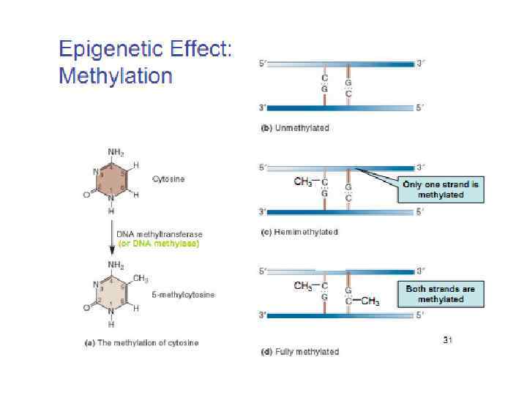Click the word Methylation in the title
point(115,75)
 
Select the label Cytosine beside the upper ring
point(168,179)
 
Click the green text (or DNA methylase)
point(158,243)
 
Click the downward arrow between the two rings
point(112,237)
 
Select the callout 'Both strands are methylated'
point(441,294)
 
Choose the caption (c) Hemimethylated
point(299,232)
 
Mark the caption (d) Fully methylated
point(300,352)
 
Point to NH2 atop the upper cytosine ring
point(116,152)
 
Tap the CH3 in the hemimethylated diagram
point(304,182)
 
